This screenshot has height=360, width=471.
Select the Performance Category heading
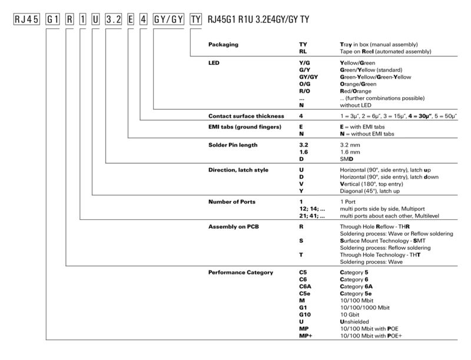point(241,273)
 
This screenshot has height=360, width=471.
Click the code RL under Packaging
point(303,52)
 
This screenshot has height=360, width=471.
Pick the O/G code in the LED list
point(305,84)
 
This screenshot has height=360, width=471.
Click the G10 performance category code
point(304,315)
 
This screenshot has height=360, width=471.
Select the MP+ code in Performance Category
point(306,336)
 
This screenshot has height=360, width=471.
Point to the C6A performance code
point(305,287)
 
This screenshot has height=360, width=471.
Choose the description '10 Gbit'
point(351,315)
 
